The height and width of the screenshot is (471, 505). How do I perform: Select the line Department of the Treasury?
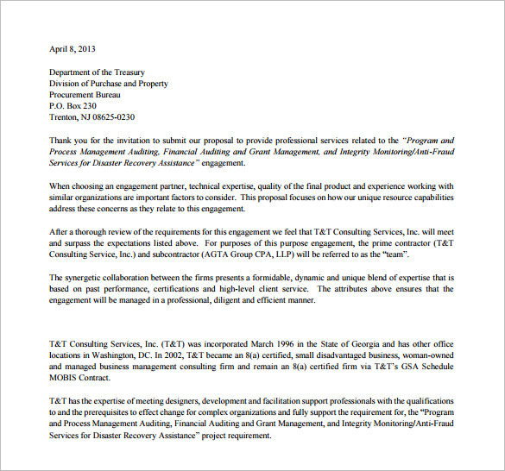(97, 72)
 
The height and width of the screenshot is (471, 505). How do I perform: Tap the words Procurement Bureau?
(85, 95)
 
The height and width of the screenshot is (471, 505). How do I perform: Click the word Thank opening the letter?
(61, 140)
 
